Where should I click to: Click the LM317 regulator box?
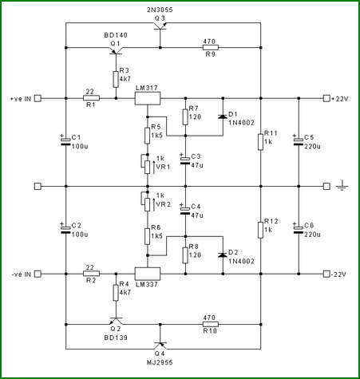(148, 98)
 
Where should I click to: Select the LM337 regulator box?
(148, 274)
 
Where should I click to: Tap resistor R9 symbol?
(211, 48)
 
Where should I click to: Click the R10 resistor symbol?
(211, 324)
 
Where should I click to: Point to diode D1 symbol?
(223, 116)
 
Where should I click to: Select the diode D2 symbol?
(223, 255)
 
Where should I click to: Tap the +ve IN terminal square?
(38, 98)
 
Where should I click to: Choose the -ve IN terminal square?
(38, 274)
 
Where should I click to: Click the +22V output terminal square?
(326, 98)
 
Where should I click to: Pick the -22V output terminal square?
(326, 274)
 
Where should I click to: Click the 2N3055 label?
(160, 10)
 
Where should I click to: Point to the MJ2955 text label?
(160, 362)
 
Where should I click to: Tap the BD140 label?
(116, 35)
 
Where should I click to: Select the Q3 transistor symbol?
(160, 26)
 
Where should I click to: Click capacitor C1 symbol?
(66, 141)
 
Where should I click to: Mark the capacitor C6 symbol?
(299, 229)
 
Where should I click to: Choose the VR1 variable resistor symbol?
(146, 164)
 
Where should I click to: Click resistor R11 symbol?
(261, 142)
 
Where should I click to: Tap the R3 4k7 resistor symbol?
(116, 79)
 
